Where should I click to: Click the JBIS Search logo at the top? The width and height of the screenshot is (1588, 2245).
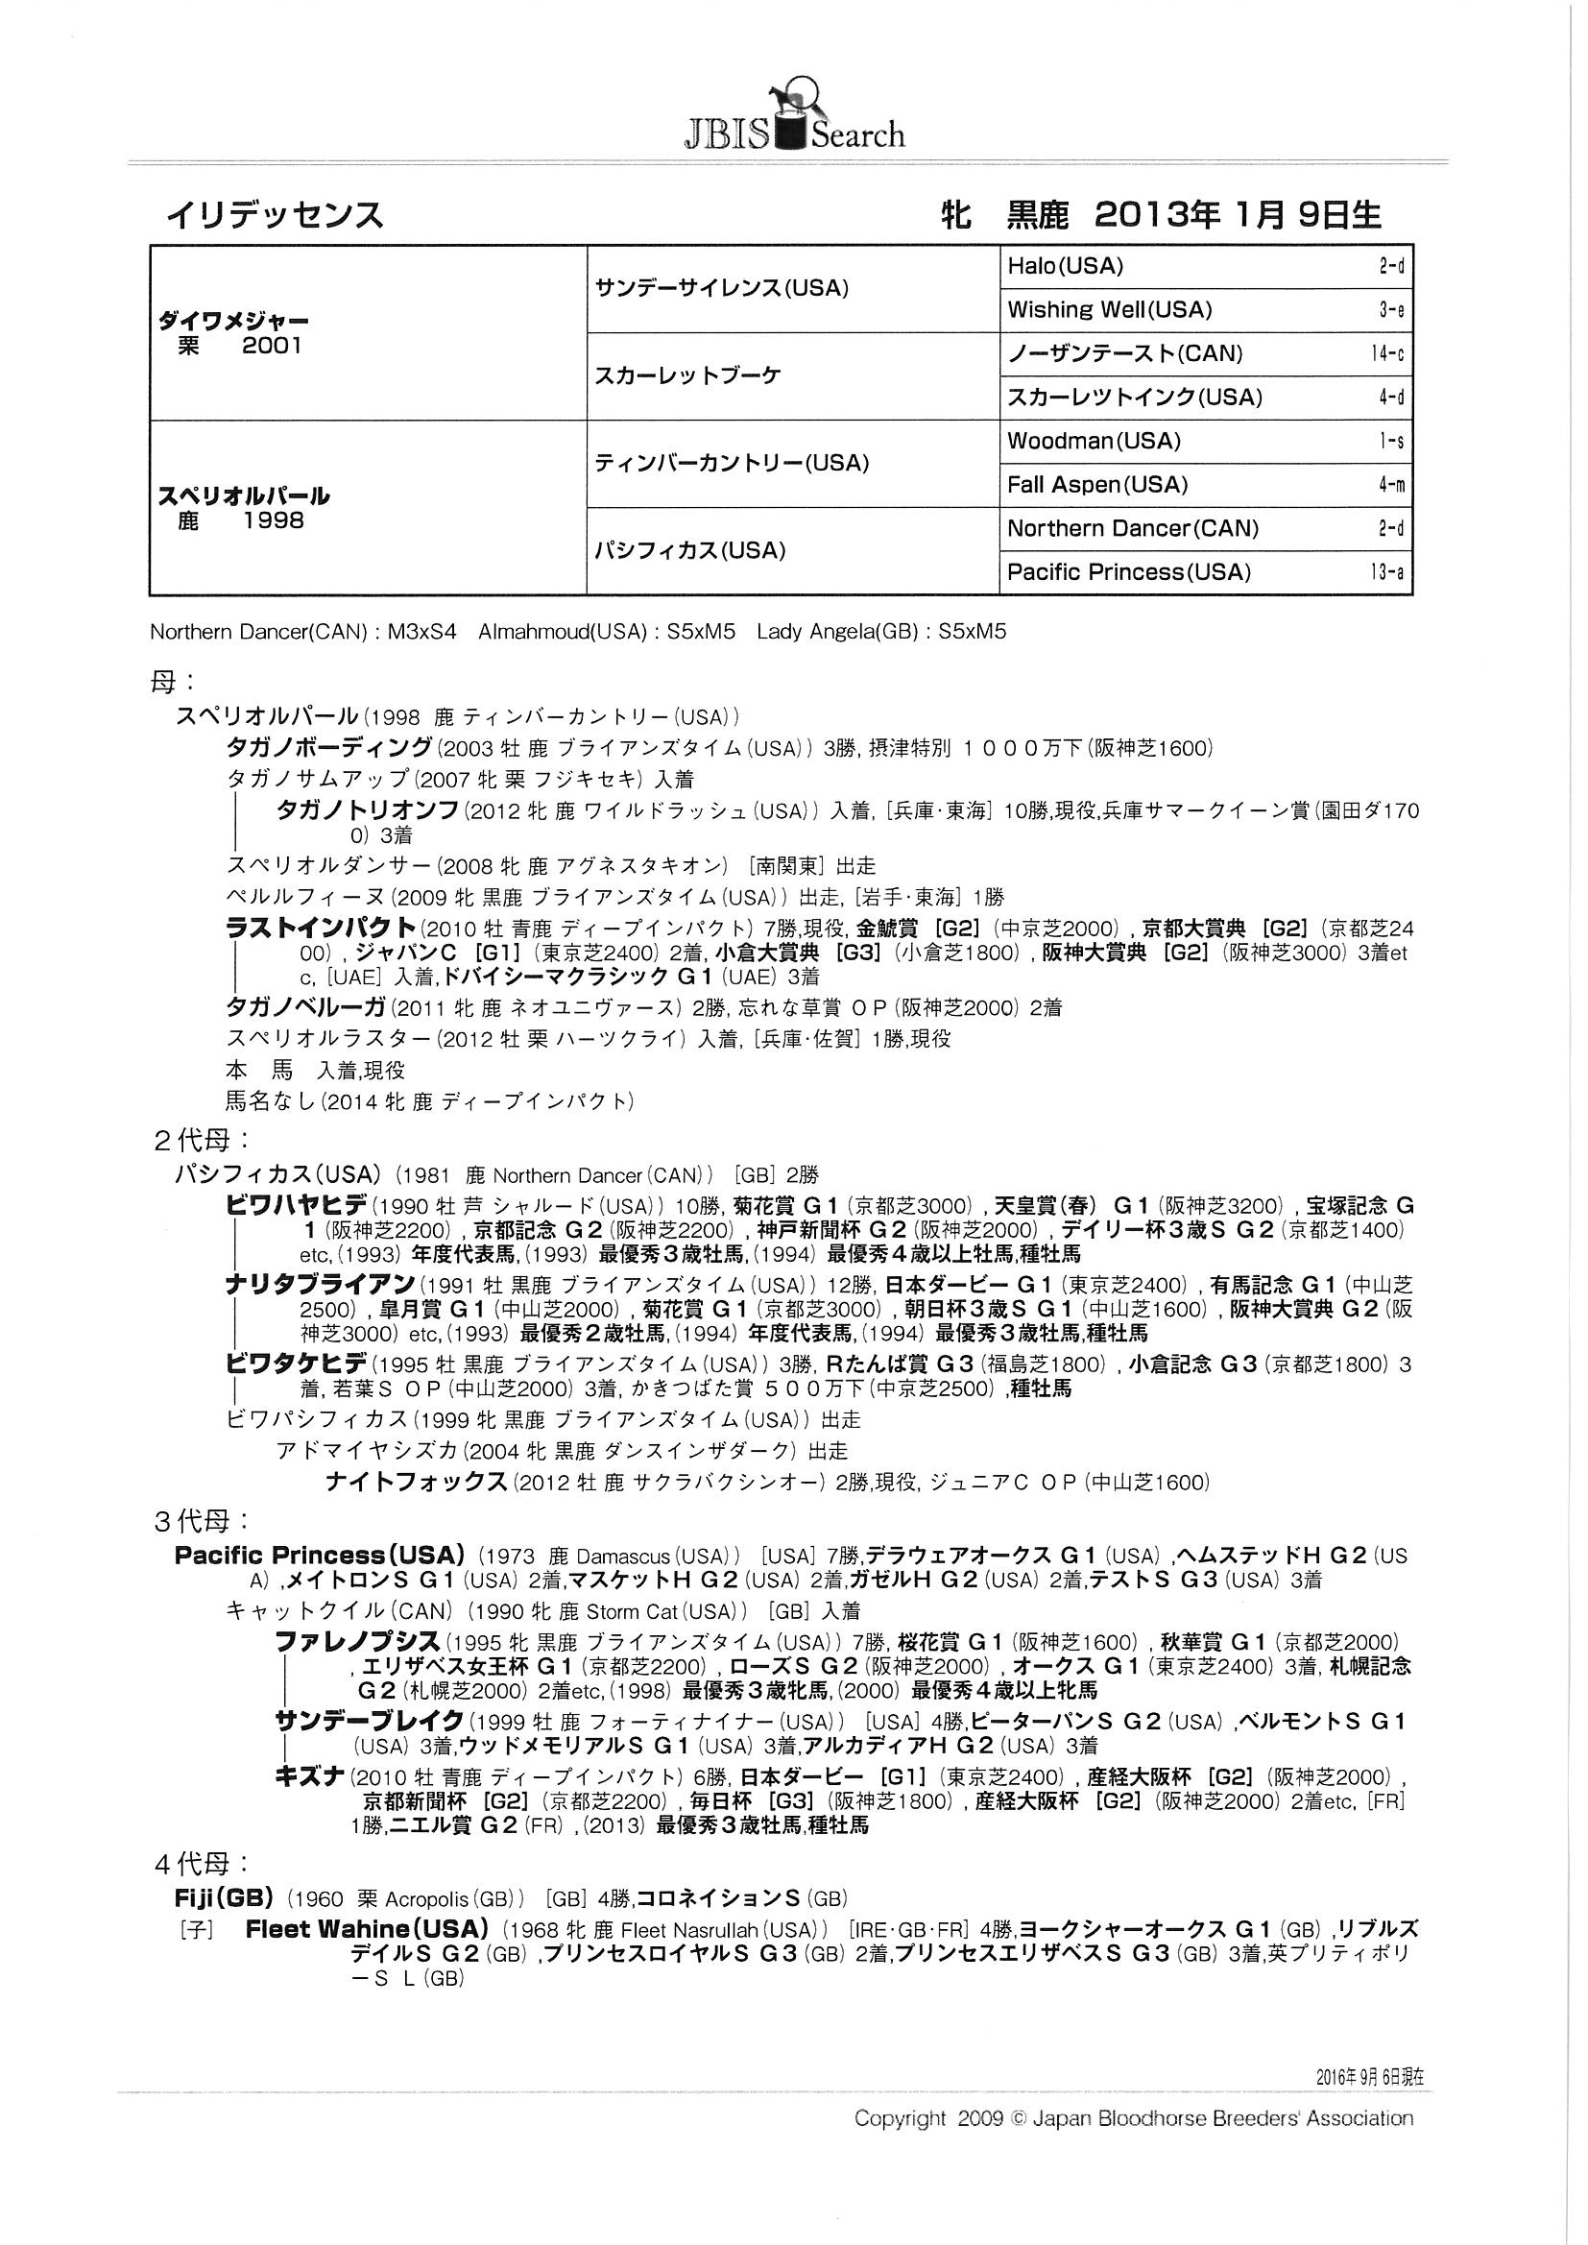point(793,115)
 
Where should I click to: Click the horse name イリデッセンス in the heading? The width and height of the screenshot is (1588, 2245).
point(275,214)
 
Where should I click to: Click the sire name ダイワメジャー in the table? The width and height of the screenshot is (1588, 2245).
point(233,321)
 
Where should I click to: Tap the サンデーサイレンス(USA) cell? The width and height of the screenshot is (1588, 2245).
point(721,288)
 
